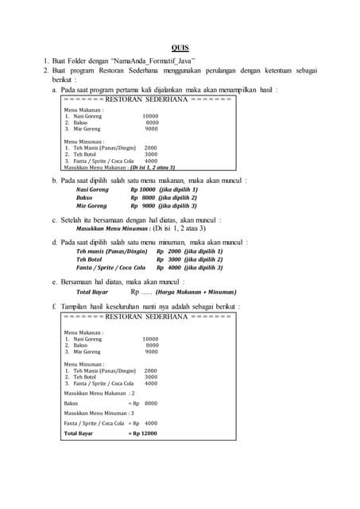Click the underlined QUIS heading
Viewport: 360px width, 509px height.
[x=180, y=48]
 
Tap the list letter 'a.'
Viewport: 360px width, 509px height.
[x=54, y=90]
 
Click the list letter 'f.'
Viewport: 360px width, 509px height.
[x=54, y=306]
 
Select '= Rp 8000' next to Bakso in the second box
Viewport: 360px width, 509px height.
[x=143, y=403]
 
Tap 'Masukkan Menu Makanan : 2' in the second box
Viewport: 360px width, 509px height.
[x=99, y=393]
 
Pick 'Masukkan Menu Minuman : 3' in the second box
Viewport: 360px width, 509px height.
[x=99, y=414]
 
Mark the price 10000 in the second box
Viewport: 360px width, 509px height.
[x=150, y=339]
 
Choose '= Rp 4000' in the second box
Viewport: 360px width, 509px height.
[x=143, y=423]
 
